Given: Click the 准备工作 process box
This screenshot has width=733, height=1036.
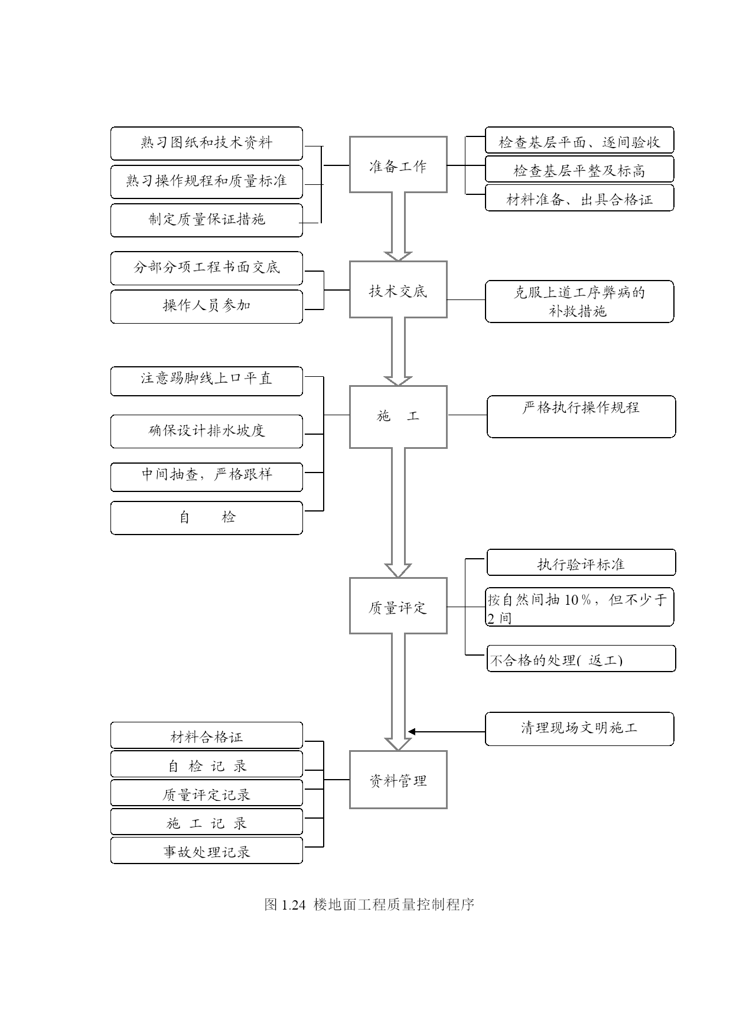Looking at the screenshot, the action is [x=398, y=165].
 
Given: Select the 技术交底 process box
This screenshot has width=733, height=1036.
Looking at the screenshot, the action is [x=398, y=289].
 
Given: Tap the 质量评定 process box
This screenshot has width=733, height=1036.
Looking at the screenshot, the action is [x=398, y=606].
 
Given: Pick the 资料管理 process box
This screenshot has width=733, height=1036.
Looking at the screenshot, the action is [x=398, y=780].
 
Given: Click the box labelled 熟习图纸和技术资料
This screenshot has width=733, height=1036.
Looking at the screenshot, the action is [x=207, y=144].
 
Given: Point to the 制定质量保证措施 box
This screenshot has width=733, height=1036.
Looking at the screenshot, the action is [x=207, y=220].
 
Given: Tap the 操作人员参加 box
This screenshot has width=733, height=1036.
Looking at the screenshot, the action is [x=207, y=307].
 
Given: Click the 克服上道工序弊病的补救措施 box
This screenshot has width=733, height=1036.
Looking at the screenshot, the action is [x=579, y=302].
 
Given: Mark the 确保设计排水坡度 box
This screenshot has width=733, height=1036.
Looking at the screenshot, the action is [x=207, y=431].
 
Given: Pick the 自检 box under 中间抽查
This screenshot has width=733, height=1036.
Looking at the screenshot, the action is [x=207, y=518].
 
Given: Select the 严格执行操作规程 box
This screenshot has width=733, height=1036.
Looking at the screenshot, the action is [x=581, y=416].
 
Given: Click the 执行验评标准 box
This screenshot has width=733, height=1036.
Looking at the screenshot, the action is [x=581, y=562].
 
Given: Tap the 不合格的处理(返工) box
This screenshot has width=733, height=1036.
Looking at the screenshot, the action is [x=581, y=659].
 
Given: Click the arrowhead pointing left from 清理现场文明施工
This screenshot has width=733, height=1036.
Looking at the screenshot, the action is [x=412, y=732].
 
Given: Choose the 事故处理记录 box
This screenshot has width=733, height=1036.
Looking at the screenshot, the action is [x=207, y=851].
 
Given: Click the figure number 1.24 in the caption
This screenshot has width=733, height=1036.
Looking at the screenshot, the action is [x=293, y=905].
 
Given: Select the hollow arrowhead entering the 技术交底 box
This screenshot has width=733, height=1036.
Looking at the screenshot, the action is [x=398, y=256].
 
